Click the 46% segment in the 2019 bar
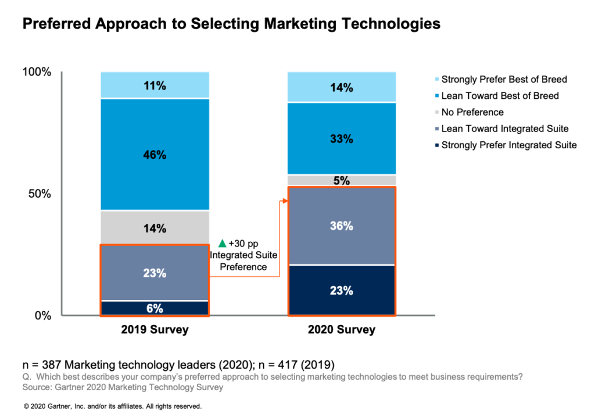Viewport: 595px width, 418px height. [x=155, y=155]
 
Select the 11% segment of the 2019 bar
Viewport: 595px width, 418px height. [x=155, y=85]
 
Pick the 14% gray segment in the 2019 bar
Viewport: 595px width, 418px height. [x=155, y=228]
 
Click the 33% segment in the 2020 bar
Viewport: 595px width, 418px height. [x=342, y=139]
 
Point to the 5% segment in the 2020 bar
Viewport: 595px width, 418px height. [x=342, y=180]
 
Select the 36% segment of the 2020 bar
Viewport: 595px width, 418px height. [x=342, y=226]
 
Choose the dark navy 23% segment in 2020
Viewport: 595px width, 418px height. [x=342, y=290]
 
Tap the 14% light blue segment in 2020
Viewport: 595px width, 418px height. [x=342, y=88]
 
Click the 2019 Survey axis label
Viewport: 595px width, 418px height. [x=155, y=330]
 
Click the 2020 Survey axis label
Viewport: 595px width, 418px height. [x=342, y=330]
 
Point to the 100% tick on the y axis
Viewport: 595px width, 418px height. [x=37, y=72]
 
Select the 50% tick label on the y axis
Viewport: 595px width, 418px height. [x=40, y=194]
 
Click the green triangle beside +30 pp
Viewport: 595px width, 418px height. [x=221, y=243]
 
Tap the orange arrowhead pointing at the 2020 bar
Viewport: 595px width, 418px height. [x=285, y=201]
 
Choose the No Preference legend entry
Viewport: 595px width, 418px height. [x=472, y=112]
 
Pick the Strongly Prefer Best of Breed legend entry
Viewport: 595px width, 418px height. [x=503, y=79]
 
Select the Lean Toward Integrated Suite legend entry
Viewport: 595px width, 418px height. [x=504, y=128]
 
